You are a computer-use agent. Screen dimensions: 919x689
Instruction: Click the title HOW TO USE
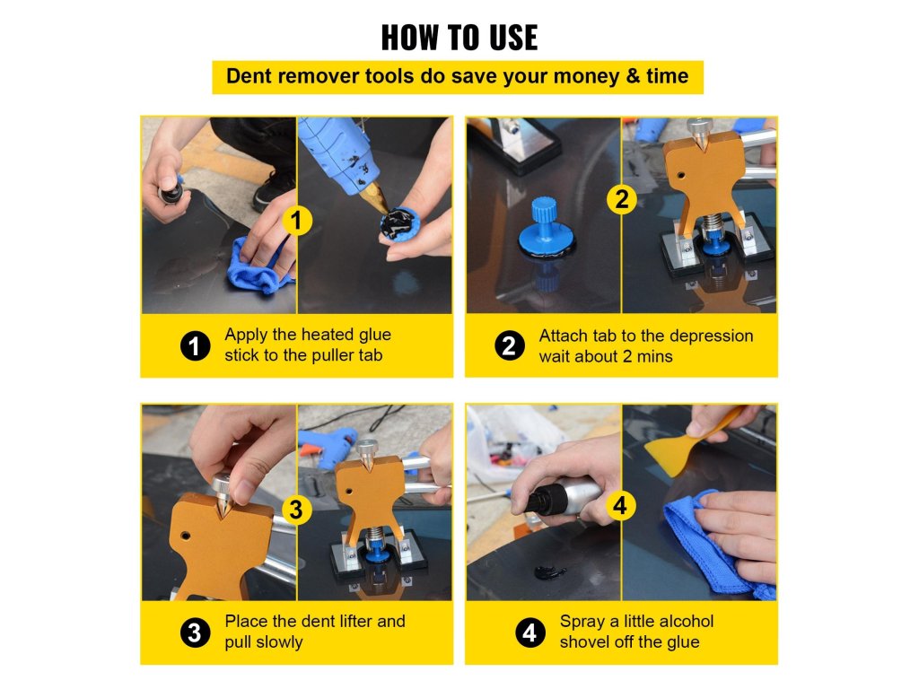point(459,38)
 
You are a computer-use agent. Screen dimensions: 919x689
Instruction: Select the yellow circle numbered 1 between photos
point(296,221)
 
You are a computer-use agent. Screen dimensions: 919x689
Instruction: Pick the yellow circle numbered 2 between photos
point(622,199)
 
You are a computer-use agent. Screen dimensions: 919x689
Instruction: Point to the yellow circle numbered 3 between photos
point(296,510)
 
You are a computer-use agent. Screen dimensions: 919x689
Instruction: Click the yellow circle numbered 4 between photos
point(621,505)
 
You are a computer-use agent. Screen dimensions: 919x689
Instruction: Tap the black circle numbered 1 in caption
point(195,345)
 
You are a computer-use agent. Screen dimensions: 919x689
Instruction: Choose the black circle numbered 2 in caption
point(510,345)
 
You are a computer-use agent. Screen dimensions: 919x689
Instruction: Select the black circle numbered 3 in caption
point(195,632)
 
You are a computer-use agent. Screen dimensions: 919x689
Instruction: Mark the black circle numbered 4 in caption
point(530,632)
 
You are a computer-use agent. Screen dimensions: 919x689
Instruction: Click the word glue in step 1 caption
point(375,336)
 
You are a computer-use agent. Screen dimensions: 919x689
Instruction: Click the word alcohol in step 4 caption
point(686,621)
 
